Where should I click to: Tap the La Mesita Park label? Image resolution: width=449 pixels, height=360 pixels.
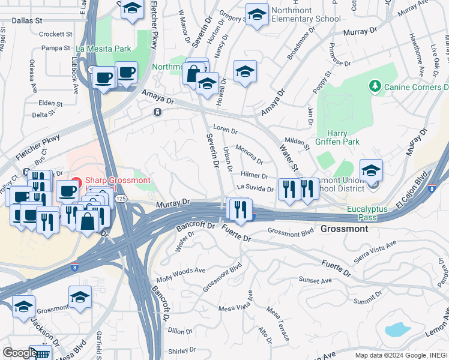tap(103, 47)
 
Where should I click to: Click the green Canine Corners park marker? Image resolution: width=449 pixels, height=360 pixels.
tap(376, 87)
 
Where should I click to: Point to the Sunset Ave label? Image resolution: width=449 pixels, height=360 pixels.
tap(316, 281)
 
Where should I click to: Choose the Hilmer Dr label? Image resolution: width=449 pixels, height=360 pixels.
tap(254, 175)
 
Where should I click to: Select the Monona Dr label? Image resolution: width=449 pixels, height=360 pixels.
tap(249, 154)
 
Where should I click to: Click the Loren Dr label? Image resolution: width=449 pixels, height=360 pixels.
tap(226, 129)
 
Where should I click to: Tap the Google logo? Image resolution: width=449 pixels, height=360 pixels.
tap(20, 352)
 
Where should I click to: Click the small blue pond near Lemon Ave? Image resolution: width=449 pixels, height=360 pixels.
tap(397, 329)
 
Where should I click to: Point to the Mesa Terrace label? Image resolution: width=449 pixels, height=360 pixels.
tap(278, 323)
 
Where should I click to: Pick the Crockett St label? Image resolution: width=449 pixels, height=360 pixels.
tap(55, 34)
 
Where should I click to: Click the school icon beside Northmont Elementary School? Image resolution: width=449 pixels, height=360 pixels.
tap(257, 14)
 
